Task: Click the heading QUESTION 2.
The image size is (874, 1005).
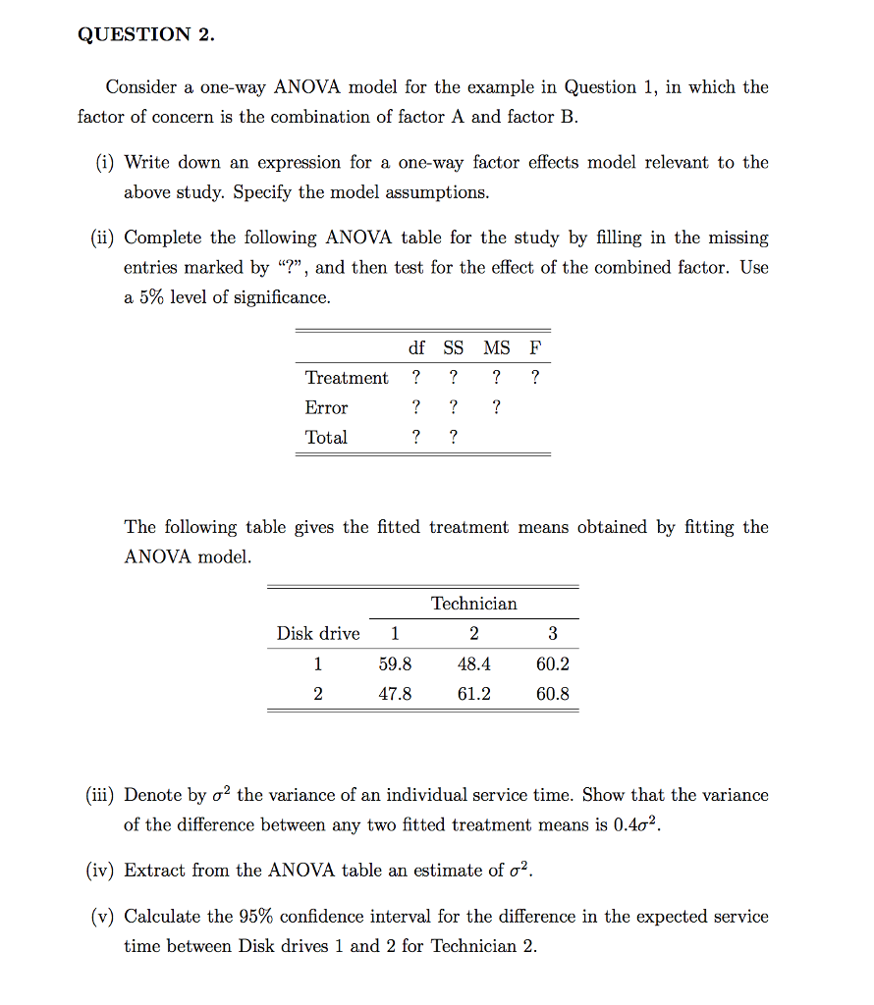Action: point(145,34)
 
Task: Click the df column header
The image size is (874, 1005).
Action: point(416,348)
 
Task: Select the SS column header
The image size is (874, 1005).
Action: point(453,348)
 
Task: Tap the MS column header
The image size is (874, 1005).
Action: point(496,348)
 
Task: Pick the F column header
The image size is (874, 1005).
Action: point(534,348)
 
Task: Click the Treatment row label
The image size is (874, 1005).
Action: point(346,378)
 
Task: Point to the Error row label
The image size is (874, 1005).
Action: point(326,407)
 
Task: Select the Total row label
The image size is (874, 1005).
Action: point(326,437)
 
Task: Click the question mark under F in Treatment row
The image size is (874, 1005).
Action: point(534,378)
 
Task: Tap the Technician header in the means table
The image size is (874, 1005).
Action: point(473,604)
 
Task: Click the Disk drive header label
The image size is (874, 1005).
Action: point(317,634)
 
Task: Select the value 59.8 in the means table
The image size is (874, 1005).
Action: point(395,664)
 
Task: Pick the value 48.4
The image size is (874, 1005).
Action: point(473,664)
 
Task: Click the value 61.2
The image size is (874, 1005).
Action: point(473,694)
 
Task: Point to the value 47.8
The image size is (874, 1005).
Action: point(395,694)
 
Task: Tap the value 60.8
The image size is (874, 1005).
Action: point(552,694)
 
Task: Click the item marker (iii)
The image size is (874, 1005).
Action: point(100,796)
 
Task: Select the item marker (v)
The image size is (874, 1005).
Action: point(102,917)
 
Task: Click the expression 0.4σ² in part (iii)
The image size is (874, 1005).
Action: point(636,825)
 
